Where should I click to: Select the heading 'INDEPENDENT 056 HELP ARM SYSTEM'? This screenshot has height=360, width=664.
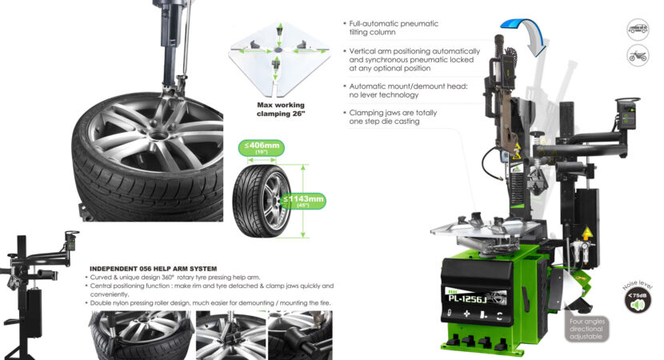[x=153, y=268]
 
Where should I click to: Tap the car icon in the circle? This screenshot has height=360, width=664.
[x=638, y=29]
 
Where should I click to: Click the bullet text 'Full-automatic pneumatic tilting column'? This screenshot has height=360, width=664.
[x=392, y=29]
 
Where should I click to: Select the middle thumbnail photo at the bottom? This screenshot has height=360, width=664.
[x=230, y=334]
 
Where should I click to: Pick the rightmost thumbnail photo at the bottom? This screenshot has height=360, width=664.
[x=299, y=334]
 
